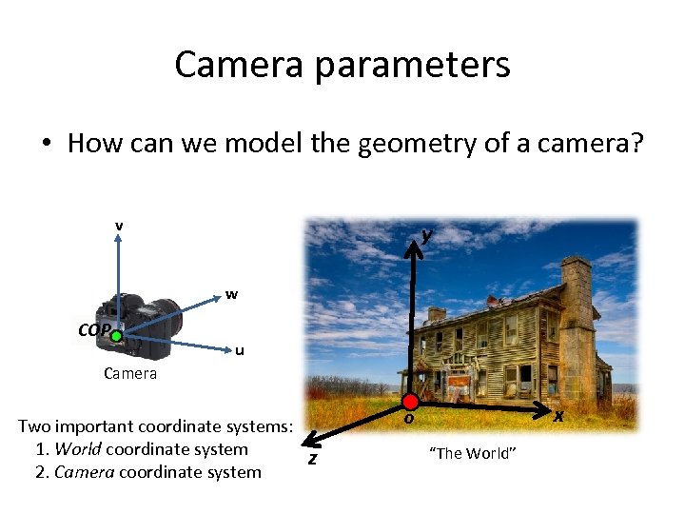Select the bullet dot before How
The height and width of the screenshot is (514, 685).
47,145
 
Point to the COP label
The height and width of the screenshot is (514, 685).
95,331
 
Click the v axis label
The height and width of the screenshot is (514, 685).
118,226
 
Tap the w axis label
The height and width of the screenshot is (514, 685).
231,294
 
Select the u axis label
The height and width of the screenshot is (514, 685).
240,350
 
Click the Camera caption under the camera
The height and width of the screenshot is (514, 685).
130,373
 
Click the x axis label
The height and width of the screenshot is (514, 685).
558,416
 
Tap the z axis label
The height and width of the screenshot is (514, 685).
311,459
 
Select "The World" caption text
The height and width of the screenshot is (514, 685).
473,453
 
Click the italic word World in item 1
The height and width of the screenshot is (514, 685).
80,449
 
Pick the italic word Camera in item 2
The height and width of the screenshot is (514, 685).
84,472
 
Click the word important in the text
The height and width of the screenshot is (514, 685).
104,426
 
